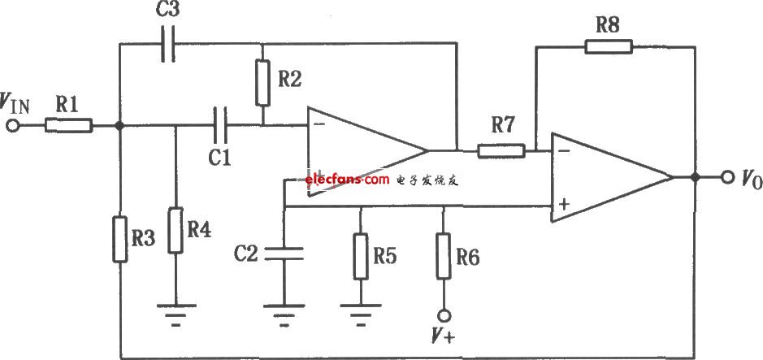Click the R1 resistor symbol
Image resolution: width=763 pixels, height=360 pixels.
[68, 125]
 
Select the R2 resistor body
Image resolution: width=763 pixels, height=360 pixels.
[262, 83]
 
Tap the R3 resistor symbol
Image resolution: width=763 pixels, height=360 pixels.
[119, 238]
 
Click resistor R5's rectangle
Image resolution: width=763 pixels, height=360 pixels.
[361, 257]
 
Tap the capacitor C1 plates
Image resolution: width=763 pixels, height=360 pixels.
[219, 125]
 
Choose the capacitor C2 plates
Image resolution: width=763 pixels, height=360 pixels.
[284, 253]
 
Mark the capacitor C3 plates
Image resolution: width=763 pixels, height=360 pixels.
[167, 46]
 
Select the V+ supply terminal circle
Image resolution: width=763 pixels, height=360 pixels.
[443, 314]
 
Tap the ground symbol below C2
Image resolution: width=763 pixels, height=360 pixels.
[284, 312]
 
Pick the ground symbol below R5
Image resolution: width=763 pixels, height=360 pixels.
[361, 312]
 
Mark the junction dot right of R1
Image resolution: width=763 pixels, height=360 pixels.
[119, 125]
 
